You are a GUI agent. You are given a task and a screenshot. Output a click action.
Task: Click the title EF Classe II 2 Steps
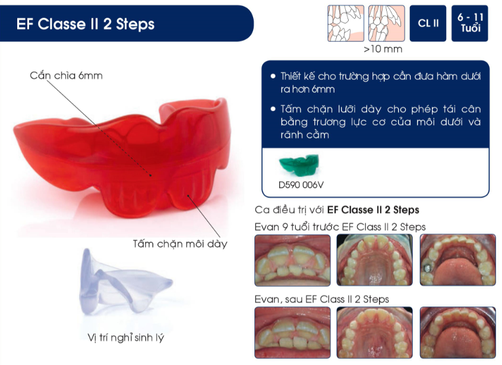tap(86, 24)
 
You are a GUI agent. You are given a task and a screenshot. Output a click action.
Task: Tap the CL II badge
tap(428, 23)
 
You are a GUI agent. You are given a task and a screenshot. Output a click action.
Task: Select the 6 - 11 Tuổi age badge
tap(470, 23)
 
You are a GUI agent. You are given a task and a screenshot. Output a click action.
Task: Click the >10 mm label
tap(383, 49)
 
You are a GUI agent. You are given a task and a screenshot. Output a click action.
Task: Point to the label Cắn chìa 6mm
tap(67, 75)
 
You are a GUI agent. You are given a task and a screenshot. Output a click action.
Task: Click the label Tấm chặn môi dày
tap(180, 244)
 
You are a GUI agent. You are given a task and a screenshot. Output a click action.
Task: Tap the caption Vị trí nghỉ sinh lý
tap(126, 338)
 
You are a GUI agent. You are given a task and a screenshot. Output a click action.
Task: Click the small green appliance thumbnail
tap(299, 165)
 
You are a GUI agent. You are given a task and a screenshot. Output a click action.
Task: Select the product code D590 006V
tap(301, 185)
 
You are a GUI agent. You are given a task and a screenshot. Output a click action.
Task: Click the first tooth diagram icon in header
tap(346, 23)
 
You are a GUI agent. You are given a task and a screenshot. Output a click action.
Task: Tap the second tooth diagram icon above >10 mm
tap(386, 23)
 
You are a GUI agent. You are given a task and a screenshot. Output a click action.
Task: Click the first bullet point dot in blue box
tap(273, 76)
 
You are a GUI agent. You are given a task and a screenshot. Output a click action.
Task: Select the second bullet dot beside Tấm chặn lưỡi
tap(273, 109)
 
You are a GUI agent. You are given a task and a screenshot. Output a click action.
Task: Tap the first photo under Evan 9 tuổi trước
tap(293, 260)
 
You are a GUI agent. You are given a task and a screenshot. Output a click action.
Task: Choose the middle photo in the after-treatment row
tap(375, 332)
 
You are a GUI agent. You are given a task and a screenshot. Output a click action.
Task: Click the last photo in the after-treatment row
tap(458, 332)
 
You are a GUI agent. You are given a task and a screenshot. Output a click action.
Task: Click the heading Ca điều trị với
tap(289, 210)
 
